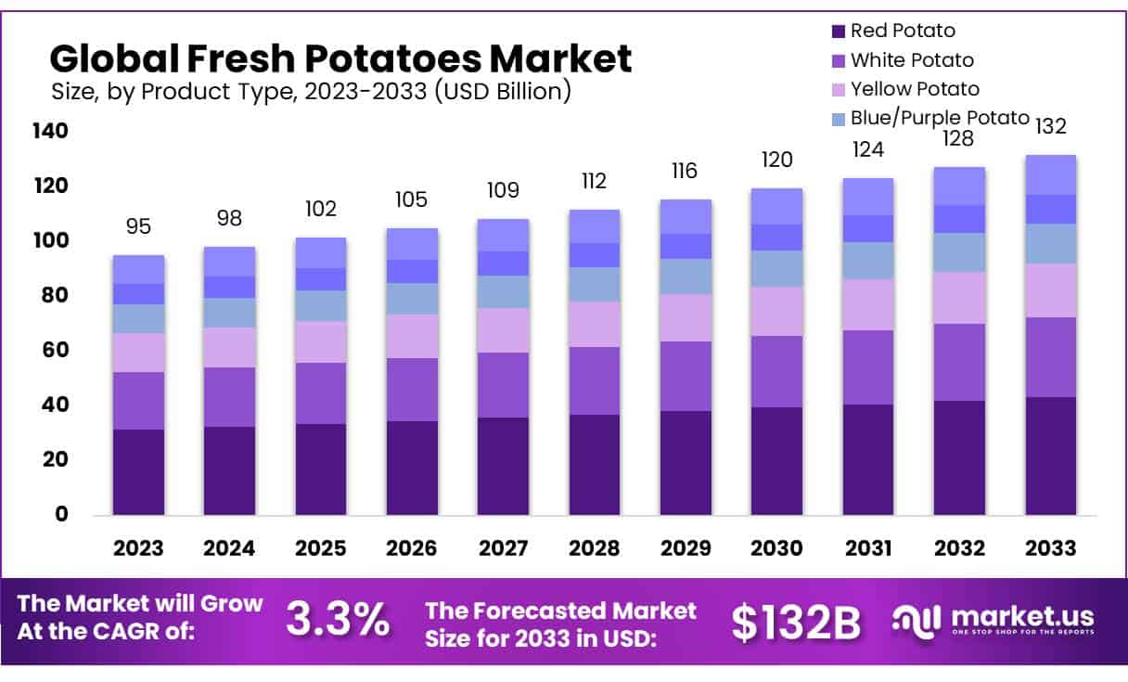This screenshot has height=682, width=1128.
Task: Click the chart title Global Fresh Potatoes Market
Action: [x=340, y=58]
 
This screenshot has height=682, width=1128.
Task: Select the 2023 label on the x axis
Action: [x=138, y=547]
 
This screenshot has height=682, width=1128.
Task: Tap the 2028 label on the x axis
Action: [x=594, y=547]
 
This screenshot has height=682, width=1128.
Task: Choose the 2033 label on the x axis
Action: [x=1050, y=547]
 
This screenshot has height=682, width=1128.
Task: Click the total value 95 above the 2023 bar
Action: [x=138, y=226]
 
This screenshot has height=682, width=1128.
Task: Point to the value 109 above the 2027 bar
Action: [x=503, y=190]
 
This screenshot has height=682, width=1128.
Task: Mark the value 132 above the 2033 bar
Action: [x=1050, y=126]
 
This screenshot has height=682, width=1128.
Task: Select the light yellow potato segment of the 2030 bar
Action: [x=776, y=311]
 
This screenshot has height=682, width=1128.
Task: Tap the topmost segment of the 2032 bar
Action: [x=958, y=186]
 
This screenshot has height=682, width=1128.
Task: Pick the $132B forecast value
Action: [x=796, y=623]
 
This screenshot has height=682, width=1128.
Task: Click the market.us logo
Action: [x=993, y=620]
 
